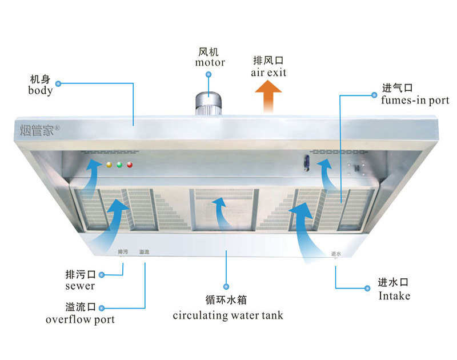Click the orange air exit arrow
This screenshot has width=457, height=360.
pos(268,97)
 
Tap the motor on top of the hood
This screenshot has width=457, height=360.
pos(209,104)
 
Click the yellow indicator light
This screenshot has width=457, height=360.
pos(109,165)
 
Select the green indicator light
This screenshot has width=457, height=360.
pos(119,165)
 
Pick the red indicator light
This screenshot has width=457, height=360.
pos(130,165)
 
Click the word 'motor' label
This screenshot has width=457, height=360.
pos(210,62)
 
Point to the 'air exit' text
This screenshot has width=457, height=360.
pos(268,73)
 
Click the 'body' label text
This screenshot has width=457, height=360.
pos(40,90)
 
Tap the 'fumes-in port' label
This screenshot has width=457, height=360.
pos(415,100)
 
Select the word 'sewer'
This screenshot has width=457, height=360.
pos(80,286)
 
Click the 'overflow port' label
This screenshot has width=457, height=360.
pos(80,319)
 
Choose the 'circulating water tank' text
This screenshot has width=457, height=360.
pos(228,315)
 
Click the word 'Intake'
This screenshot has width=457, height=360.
pos(394,296)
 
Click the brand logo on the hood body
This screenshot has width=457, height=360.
pos(39,130)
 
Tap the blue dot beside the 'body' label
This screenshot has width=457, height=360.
pos(58,83)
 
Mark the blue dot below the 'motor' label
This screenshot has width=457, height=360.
pos(209,75)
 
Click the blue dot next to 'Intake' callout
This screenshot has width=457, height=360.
pos(367,289)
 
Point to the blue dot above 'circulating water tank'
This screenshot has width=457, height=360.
pos(226,286)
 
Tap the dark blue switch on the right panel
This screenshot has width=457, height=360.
pos(306,163)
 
